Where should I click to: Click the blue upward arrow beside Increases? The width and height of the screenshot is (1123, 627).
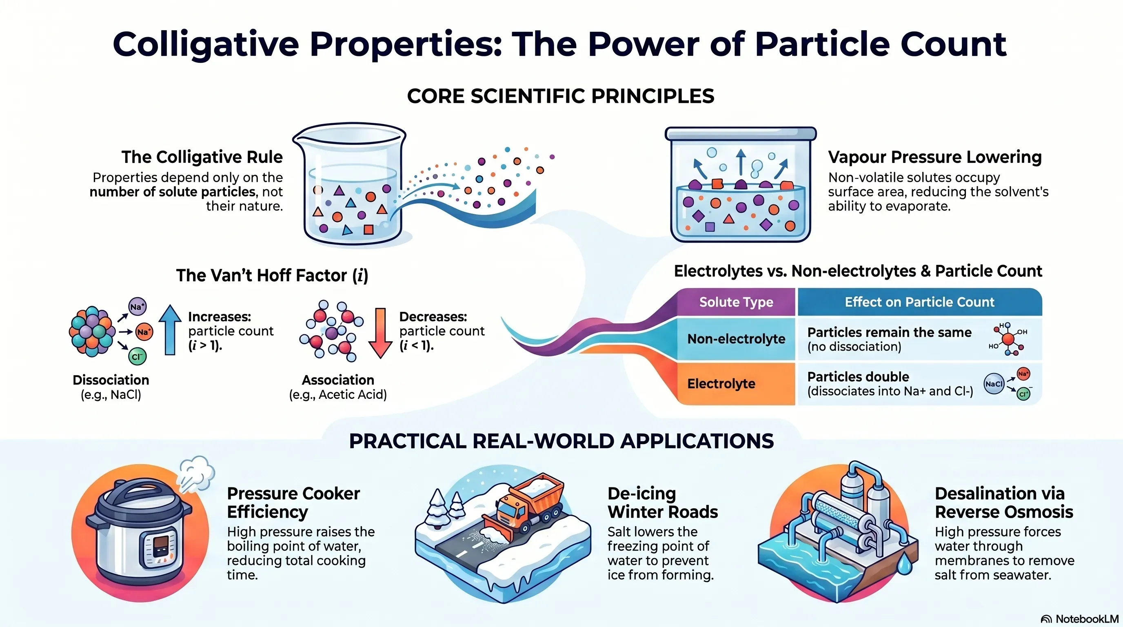click(170, 330)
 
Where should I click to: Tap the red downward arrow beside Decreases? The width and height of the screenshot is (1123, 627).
click(380, 333)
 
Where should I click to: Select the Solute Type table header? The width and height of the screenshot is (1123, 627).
click(736, 302)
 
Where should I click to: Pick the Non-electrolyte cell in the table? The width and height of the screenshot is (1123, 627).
click(736, 339)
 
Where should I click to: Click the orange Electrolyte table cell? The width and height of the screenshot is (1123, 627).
click(736, 384)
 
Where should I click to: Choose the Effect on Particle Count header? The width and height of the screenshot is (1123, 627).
click(919, 302)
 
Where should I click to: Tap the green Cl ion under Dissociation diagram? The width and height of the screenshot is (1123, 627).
click(138, 357)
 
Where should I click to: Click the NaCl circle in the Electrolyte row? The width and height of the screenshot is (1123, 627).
click(994, 384)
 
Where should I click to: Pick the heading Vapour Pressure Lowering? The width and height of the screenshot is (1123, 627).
click(934, 157)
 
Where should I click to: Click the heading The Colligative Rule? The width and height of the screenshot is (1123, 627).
click(202, 157)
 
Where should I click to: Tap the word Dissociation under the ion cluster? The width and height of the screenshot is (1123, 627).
click(111, 380)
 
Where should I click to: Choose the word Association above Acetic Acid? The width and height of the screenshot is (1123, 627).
click(338, 380)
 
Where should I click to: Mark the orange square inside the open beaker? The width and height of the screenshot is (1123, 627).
click(368, 229)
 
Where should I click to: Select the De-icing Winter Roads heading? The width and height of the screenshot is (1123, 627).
click(662, 502)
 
